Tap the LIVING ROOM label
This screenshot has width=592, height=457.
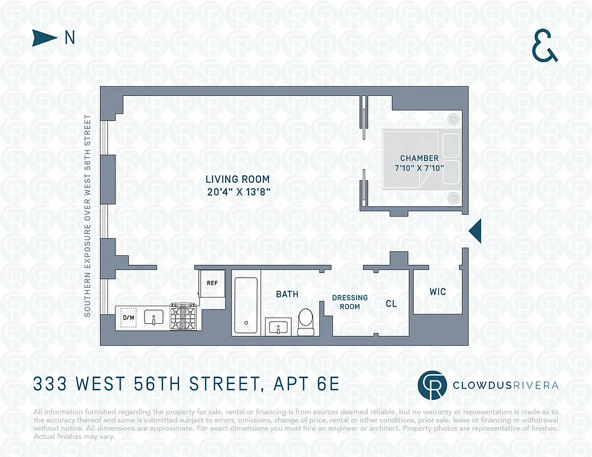(238, 179)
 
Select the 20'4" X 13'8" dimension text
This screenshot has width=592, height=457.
(238, 193)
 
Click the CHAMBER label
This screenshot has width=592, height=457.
(419, 158)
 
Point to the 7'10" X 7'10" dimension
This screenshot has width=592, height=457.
(419, 167)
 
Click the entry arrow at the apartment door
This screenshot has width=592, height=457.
(475, 231)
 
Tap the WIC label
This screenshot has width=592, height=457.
(438, 292)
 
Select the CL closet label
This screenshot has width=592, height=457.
(391, 304)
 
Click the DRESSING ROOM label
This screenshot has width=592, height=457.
(350, 302)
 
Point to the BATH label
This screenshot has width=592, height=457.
(287, 294)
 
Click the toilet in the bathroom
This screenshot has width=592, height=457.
(306, 321)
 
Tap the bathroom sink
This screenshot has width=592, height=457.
(279, 328)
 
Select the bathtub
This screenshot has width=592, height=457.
(246, 306)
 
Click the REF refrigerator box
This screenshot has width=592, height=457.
(212, 282)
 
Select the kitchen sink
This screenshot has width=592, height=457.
(153, 318)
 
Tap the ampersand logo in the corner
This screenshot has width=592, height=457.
(545, 46)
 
